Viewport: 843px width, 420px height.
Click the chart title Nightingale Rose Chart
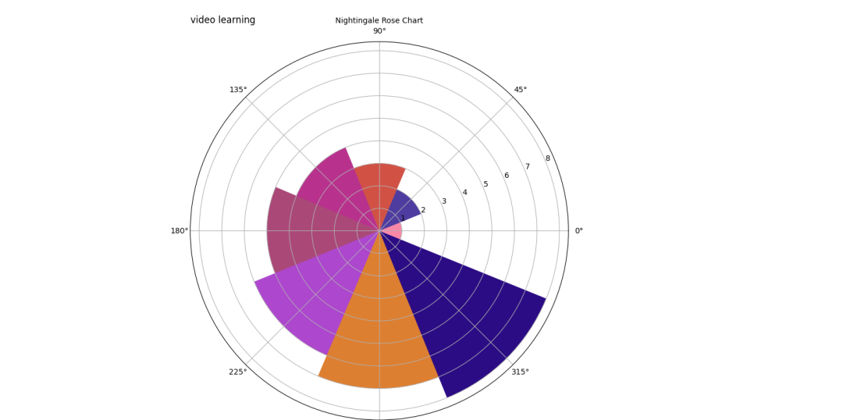379,20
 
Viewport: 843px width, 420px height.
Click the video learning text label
222,20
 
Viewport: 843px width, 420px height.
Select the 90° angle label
379,31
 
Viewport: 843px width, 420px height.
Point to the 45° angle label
520,90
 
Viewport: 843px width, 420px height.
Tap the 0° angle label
578,231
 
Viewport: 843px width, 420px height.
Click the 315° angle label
520,372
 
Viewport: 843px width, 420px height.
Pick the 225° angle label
238,372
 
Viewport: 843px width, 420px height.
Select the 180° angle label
180,231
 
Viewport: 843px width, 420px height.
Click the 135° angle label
238,90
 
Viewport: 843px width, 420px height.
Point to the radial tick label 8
547,158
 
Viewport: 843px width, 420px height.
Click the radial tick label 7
527,166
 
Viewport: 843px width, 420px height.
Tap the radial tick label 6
506,176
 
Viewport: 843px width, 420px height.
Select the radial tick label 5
486,184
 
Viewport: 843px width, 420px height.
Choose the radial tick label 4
464,193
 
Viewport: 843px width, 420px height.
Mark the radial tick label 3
444,201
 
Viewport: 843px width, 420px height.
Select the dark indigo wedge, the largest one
468,320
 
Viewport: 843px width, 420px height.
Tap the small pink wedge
393,231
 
